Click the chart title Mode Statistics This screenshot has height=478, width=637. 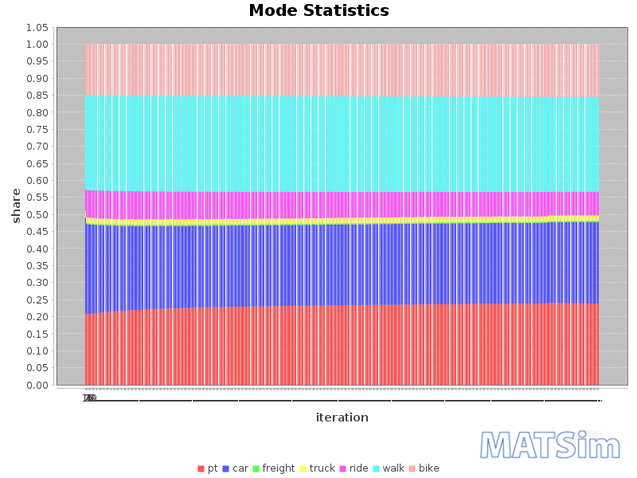click(318, 11)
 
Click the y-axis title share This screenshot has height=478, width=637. click(16, 206)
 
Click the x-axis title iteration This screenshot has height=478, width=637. click(342, 417)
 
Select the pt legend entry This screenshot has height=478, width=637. click(208, 468)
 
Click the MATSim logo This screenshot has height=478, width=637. click(549, 445)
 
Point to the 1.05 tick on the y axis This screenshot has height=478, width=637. click(37, 28)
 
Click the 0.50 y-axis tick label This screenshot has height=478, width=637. click(37, 215)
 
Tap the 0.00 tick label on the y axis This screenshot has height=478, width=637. click(37, 386)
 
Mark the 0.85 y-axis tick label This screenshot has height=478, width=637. click(37, 96)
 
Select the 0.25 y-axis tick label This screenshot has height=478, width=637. click(37, 300)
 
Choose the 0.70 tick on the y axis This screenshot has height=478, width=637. click(37, 147)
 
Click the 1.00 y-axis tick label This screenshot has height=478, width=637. click(37, 45)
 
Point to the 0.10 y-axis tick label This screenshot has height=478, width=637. click(37, 351)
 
